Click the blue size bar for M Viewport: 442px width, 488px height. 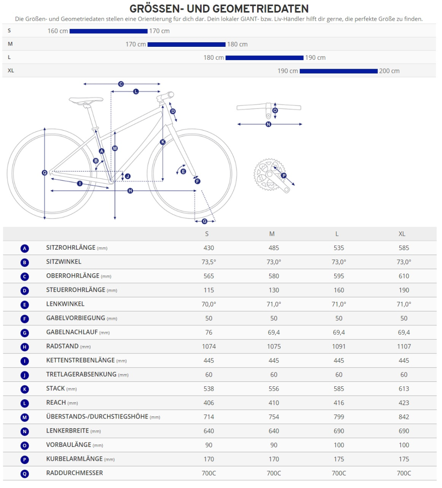pyautogui.click(x=186, y=44)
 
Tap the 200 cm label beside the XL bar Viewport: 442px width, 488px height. pyautogui.click(x=389, y=71)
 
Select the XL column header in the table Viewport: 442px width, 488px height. pyautogui.click(x=402, y=234)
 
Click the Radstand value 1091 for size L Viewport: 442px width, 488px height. pyautogui.click(x=339, y=346)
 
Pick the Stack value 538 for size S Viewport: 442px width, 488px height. pyautogui.click(x=209, y=389)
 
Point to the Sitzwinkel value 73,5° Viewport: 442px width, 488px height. pyautogui.click(x=209, y=262)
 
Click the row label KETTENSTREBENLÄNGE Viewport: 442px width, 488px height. pyautogui.click(x=80, y=360)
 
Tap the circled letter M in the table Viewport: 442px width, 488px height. pyautogui.click(x=25, y=417)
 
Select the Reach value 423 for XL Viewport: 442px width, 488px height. pyautogui.click(x=404, y=403)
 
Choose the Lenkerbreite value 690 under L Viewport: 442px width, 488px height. pyautogui.click(x=339, y=431)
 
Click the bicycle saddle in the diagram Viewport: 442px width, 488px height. pyautogui.click(x=86, y=100)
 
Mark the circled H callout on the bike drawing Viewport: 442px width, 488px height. pyautogui.click(x=130, y=191)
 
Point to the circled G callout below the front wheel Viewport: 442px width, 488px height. pyautogui.click(x=204, y=221)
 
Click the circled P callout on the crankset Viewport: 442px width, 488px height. pyautogui.click(x=284, y=176)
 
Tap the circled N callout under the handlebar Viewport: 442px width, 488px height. pyautogui.click(x=268, y=124)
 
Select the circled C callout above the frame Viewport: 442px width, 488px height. pyautogui.click(x=121, y=84)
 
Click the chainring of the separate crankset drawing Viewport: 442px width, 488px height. pyautogui.click(x=264, y=175)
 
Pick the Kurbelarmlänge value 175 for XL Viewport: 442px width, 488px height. pyautogui.click(x=404, y=459)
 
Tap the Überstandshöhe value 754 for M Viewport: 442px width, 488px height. pyautogui.click(x=274, y=417)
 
